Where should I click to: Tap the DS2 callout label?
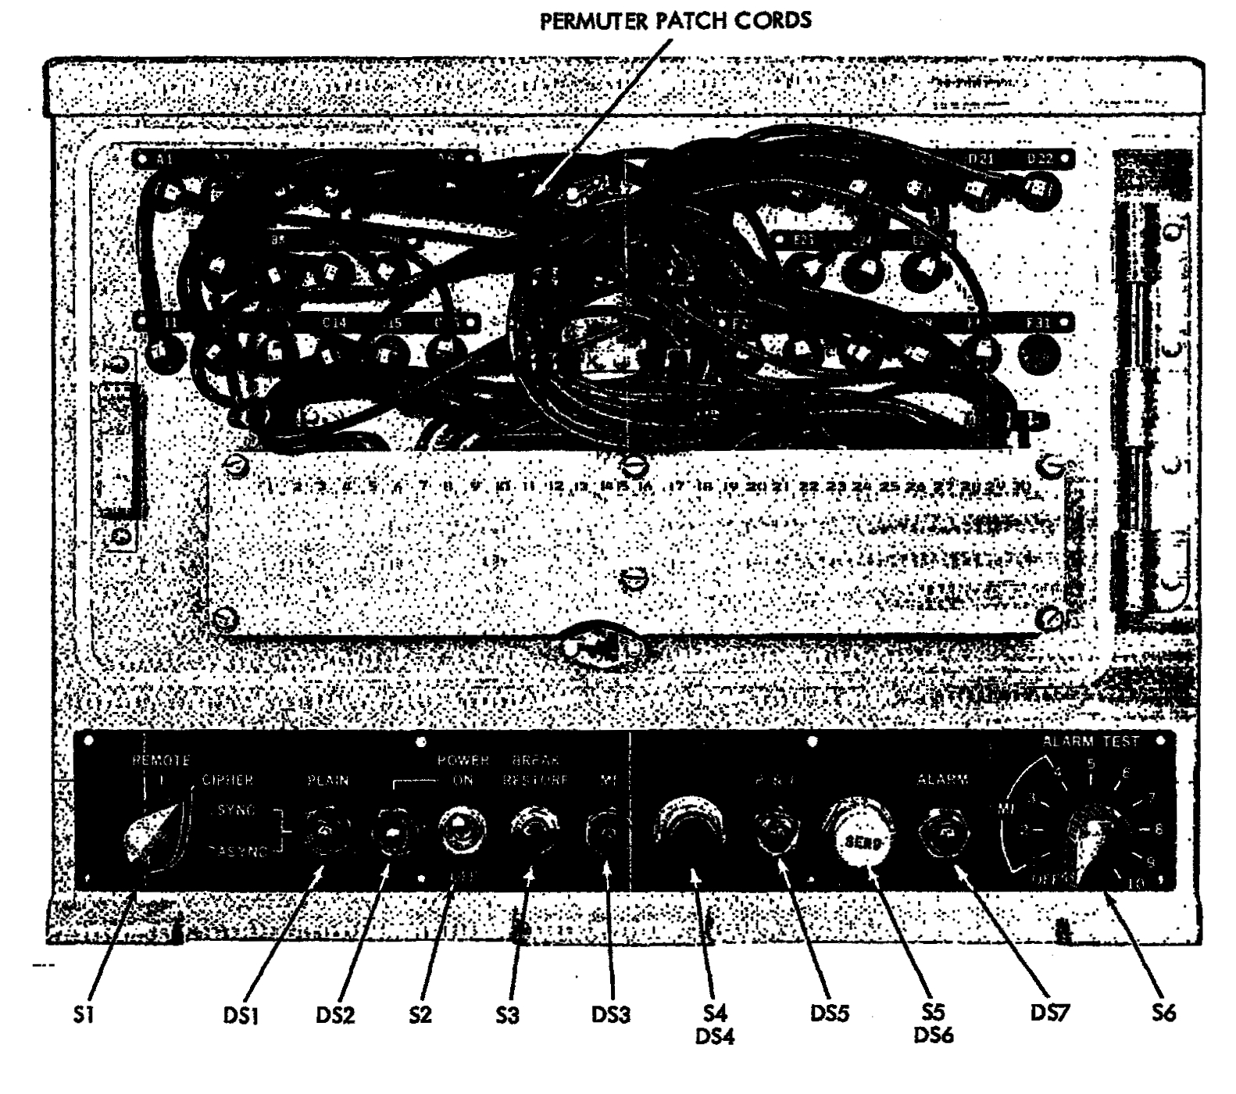point(335,1015)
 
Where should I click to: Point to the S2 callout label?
point(420,1015)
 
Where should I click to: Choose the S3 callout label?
point(507,1015)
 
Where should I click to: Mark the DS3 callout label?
point(611,1015)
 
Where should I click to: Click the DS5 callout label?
point(831,1014)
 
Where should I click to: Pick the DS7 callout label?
point(1050,1014)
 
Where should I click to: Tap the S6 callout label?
point(1163,1014)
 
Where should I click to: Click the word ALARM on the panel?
point(942,779)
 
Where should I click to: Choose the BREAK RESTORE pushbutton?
point(533,828)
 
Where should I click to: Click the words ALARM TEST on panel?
point(1091,741)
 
